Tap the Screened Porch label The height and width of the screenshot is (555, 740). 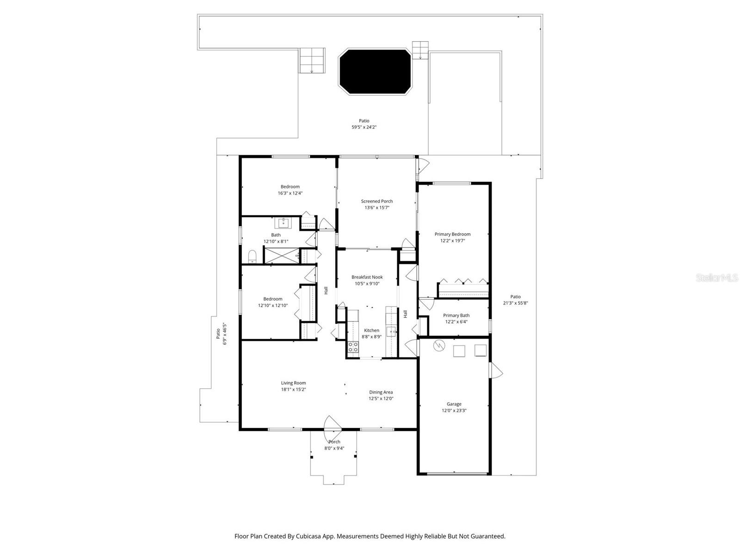pos(377,201)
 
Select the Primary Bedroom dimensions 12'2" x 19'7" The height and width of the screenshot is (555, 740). pos(452,240)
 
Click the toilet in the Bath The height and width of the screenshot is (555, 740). pos(252,256)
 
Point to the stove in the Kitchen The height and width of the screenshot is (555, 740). pos(353,347)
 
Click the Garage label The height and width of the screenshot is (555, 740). pos(454,404)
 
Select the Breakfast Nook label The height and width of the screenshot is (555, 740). pos(367,277)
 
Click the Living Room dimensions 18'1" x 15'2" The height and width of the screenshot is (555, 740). pos(293,389)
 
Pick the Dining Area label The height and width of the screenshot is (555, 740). pos(381,392)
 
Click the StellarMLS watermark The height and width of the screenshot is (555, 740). pos(717,278)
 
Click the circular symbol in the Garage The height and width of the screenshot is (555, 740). pos(438,345)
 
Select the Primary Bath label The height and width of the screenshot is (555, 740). pos(456,315)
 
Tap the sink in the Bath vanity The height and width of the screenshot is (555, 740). pos(283,224)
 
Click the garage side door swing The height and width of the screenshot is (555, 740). pos(496,370)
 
